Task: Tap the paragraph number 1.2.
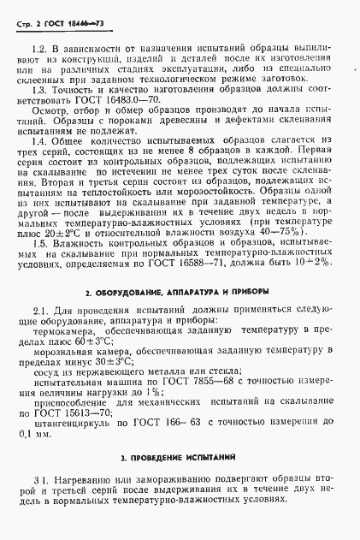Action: pos(37,50)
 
